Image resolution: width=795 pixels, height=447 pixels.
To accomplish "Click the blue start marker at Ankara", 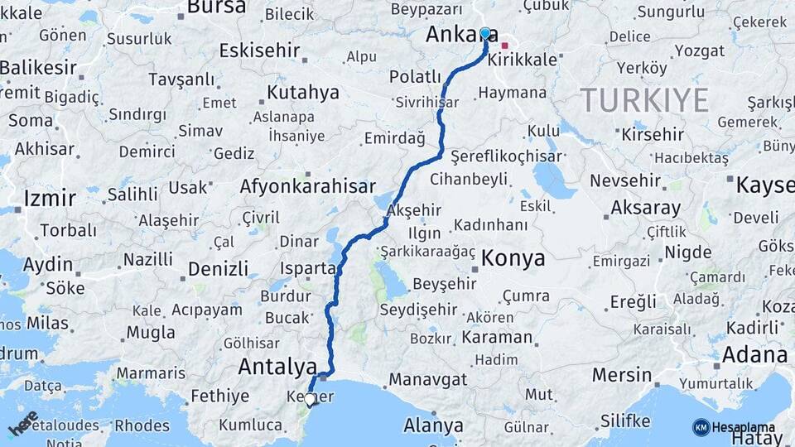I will tap(485, 33).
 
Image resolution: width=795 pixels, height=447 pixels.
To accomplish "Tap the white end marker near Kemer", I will tap(310, 400).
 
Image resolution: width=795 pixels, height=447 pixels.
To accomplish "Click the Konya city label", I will tap(513, 258).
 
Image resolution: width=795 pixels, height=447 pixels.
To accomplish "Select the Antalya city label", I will tap(277, 366).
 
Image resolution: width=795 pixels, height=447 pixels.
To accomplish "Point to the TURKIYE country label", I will tap(644, 100).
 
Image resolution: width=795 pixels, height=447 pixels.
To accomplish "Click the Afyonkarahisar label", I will tap(307, 186).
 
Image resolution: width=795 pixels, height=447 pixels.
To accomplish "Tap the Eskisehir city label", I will tap(259, 50).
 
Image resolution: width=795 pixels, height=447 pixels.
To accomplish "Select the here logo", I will tap(23, 423).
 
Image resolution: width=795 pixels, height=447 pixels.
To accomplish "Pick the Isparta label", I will tap(308, 268).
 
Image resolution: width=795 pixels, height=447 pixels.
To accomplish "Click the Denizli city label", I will tap(218, 269).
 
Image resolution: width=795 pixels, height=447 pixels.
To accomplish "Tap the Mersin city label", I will tap(622, 375).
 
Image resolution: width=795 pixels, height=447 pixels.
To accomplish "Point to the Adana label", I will tap(754, 355).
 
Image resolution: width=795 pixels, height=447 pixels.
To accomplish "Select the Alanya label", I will tap(433, 426).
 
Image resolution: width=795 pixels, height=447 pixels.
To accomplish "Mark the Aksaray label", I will tap(646, 208).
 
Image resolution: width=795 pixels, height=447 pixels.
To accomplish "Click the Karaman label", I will tap(497, 337).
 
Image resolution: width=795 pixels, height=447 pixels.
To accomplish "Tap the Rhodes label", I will tap(142, 425).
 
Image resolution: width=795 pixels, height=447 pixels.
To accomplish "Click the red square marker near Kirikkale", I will tap(504, 46).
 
